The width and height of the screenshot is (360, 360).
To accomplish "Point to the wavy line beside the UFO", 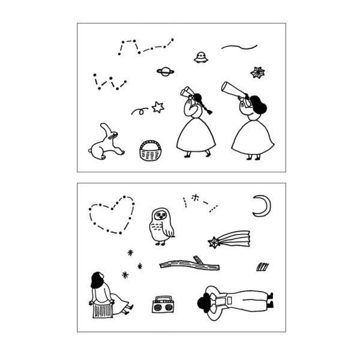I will [x=239, y=46].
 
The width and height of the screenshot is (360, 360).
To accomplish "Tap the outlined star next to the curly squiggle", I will [x=158, y=107].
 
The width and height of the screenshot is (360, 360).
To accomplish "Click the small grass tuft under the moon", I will [x=262, y=265].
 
